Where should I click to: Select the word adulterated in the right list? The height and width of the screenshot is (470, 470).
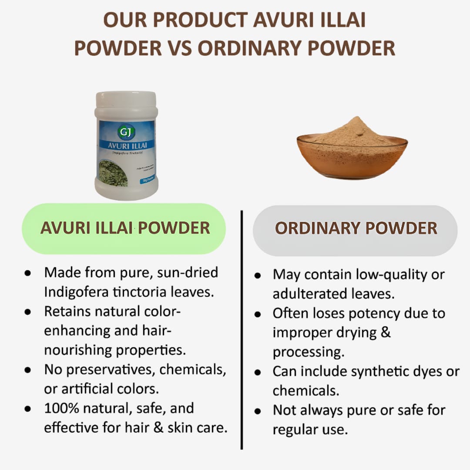312,294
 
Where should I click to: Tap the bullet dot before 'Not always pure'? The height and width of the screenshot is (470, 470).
258,411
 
